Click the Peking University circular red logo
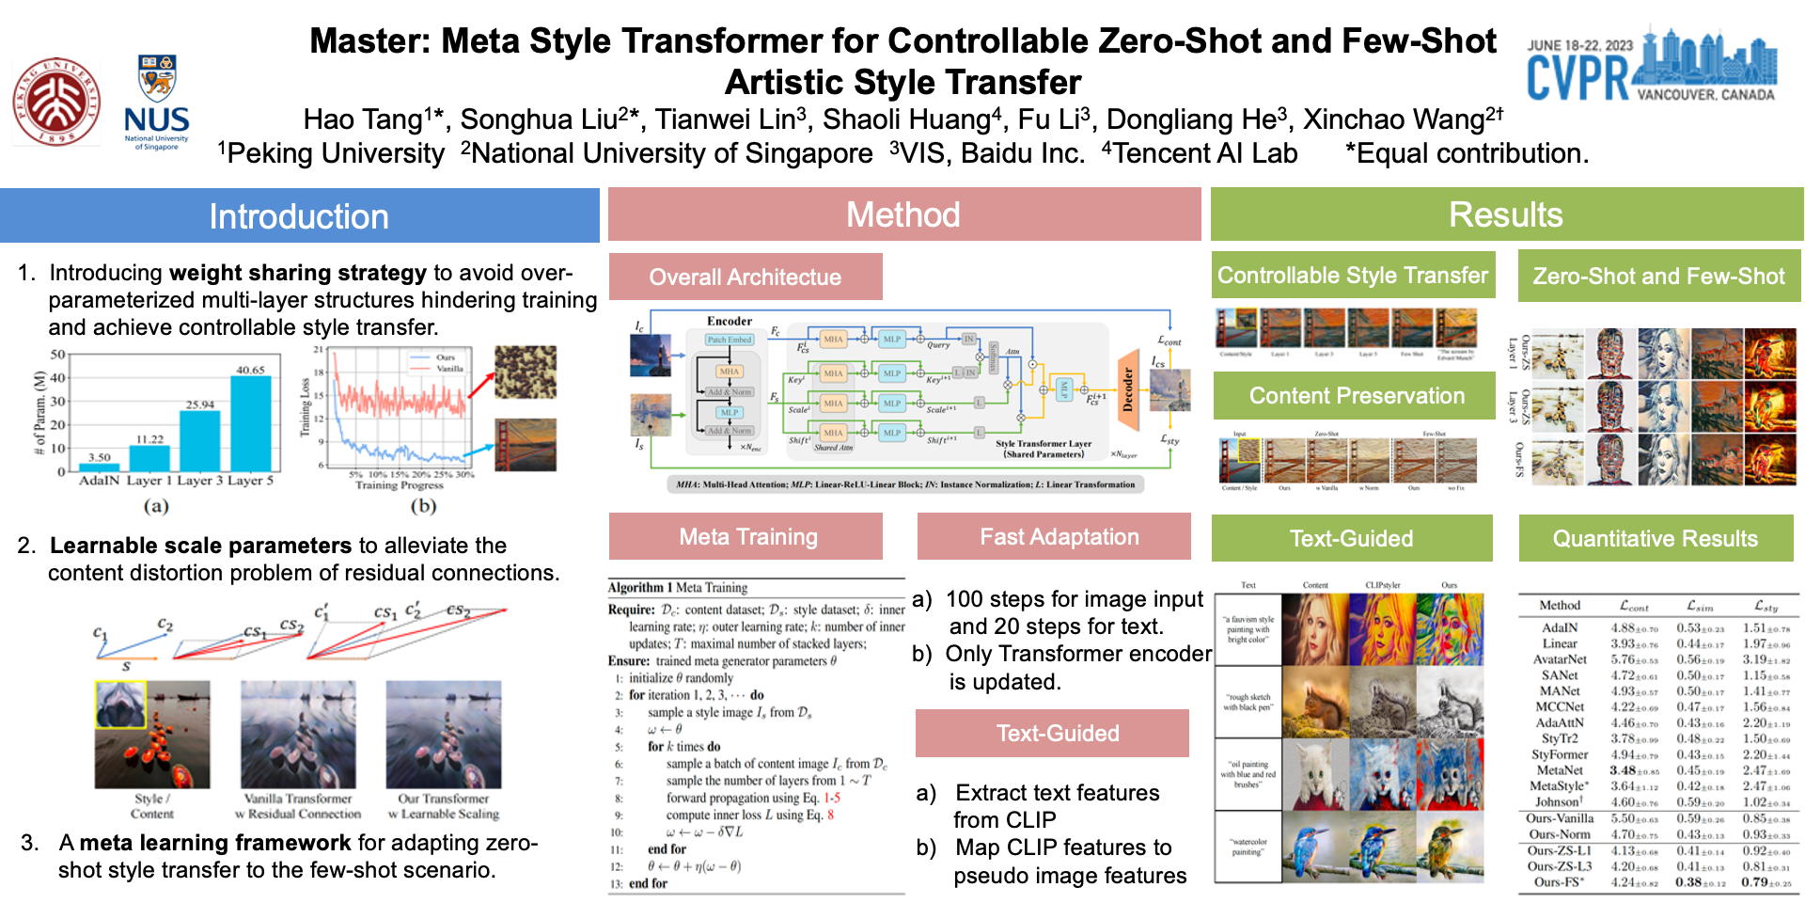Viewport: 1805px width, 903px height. pyautogui.click(x=56, y=102)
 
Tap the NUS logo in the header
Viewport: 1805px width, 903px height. pyautogui.click(x=157, y=102)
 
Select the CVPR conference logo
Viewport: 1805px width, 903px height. pyautogui.click(x=1651, y=66)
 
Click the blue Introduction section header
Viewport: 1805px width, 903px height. pyautogui.click(x=299, y=216)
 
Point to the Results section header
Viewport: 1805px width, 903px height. pyautogui.click(x=1506, y=214)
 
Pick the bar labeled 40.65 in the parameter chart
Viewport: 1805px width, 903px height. pyautogui.click(x=250, y=422)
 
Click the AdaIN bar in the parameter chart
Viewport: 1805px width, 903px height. pyautogui.click(x=99, y=467)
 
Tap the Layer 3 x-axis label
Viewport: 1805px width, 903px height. pyautogui.click(x=200, y=481)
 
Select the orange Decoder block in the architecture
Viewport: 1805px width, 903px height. pyautogui.click(x=1127, y=391)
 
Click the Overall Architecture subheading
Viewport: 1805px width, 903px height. pyautogui.click(x=746, y=277)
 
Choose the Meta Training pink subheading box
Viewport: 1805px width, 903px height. pyautogui.click(x=748, y=536)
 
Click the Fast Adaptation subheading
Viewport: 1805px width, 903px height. pyautogui.click(x=1059, y=536)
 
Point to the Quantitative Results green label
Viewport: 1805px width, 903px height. pyautogui.click(x=1655, y=538)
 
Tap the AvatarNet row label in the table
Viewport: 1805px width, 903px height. pyautogui.click(x=1560, y=659)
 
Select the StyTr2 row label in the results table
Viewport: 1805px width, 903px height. pyautogui.click(x=1560, y=738)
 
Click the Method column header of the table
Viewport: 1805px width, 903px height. pyautogui.click(x=1560, y=606)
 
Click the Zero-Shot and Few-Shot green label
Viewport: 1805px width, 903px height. pyautogui.click(x=1658, y=277)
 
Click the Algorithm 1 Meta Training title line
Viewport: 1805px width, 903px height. pyautogui.click(x=678, y=588)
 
